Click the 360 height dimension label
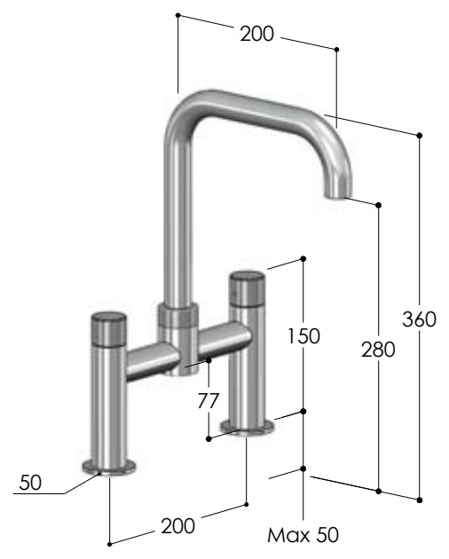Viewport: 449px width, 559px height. [x=419, y=319]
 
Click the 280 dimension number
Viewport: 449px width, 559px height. [x=378, y=350]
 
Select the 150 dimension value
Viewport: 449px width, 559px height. [x=303, y=335]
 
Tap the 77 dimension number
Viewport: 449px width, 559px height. [x=208, y=400]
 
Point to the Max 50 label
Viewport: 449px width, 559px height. [x=303, y=535]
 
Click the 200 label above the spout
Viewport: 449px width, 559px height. [x=256, y=34]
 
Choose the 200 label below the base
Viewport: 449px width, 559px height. [x=178, y=526]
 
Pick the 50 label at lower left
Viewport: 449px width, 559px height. [x=30, y=483]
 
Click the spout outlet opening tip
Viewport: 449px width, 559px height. [x=338, y=195]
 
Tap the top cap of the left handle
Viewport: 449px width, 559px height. [x=109, y=317]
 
